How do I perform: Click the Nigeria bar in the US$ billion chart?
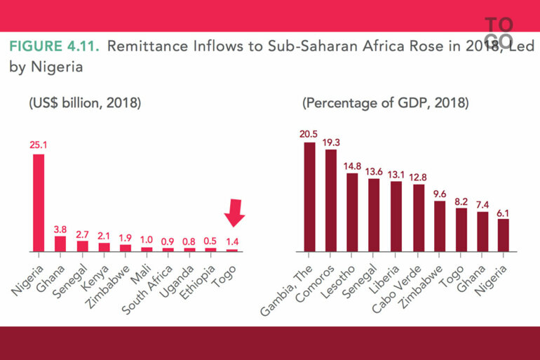39,202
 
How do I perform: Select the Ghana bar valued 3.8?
60,244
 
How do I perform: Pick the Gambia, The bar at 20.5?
309,196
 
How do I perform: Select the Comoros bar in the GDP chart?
331,200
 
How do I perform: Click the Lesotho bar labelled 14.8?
353,212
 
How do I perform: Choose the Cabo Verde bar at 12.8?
419,218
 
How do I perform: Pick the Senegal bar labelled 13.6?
374,215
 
